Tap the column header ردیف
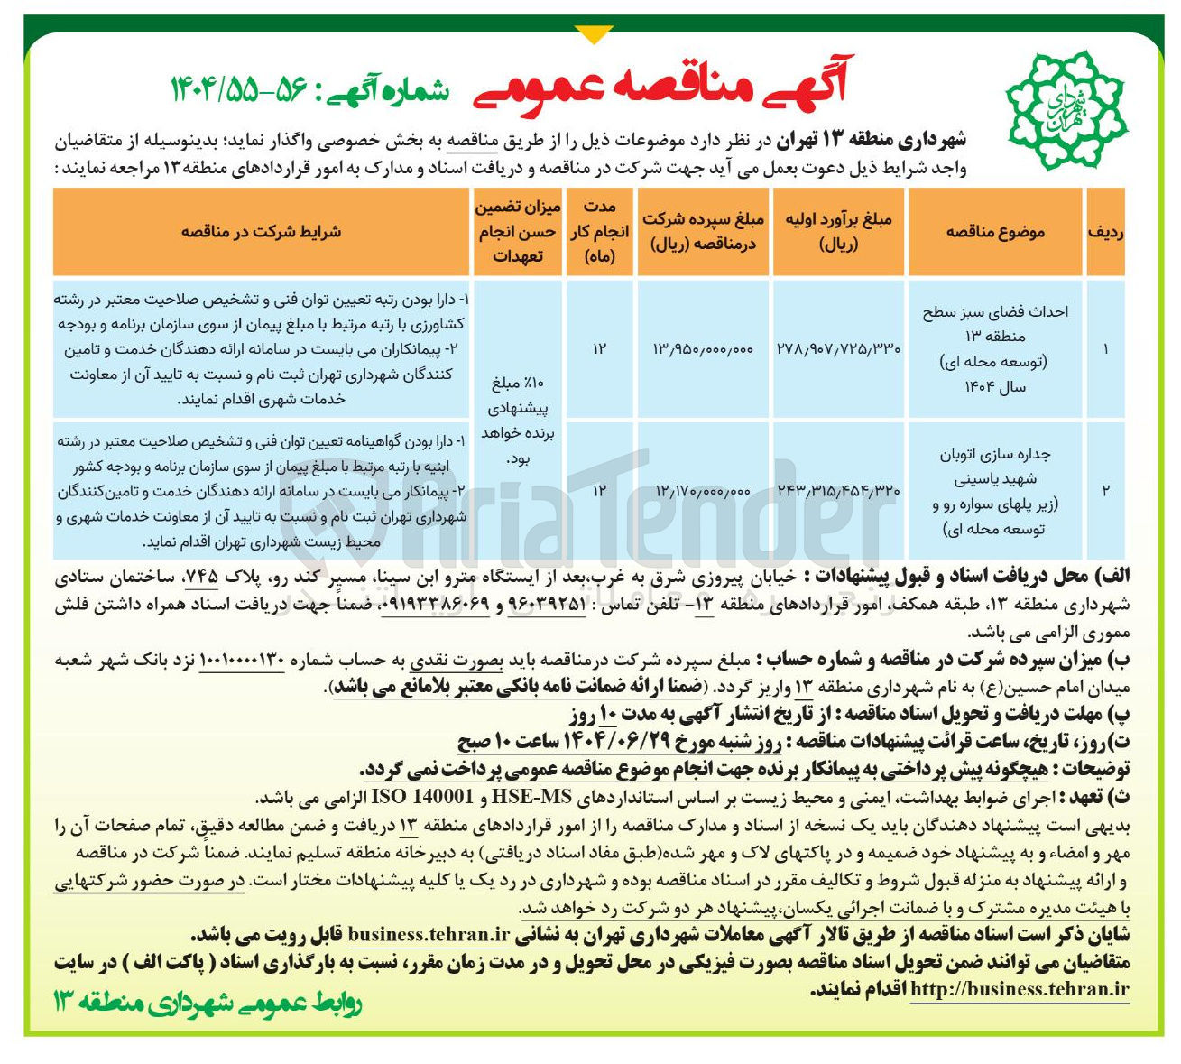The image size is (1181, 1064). [1105, 232]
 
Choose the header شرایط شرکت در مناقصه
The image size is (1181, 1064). [261, 232]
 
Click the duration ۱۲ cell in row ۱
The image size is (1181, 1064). [600, 348]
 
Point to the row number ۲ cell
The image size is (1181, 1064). [1105, 490]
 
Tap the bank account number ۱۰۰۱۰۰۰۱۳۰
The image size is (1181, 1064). [241, 660]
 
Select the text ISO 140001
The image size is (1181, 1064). [423, 798]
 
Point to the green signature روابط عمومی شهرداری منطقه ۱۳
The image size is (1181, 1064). [208, 1003]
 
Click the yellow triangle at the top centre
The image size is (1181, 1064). [593, 34]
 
